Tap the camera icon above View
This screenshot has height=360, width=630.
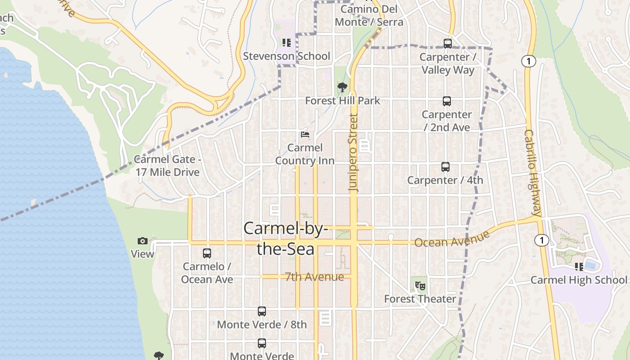pyautogui.click(x=143, y=241)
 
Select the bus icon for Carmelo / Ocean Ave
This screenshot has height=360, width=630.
pyautogui.click(x=207, y=253)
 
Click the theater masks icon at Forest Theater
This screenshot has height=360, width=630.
pyautogui.click(x=420, y=285)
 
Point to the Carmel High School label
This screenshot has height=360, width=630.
pyautogui.click(x=579, y=280)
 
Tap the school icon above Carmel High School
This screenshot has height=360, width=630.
pyautogui.click(x=579, y=267)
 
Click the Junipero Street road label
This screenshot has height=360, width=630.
pyautogui.click(x=354, y=153)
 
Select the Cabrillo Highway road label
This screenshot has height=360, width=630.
pyautogui.click(x=533, y=173)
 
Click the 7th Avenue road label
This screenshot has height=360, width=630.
pyautogui.click(x=315, y=277)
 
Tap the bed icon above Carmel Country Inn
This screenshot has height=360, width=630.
pyautogui.click(x=305, y=135)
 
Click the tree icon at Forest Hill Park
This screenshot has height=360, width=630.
pyautogui.click(x=342, y=87)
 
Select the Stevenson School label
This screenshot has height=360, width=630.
pyautogui.click(x=287, y=56)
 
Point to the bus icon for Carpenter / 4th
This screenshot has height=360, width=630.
pyautogui.click(x=445, y=167)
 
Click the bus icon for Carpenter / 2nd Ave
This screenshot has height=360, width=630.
pyautogui.click(x=447, y=101)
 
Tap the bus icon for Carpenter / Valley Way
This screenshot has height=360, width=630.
pyautogui.click(x=448, y=44)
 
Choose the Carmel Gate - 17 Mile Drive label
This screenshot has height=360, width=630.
pyautogui.click(x=167, y=166)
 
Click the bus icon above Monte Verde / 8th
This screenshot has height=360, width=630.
pyautogui.click(x=262, y=311)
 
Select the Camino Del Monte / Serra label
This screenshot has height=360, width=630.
pyautogui.click(x=369, y=15)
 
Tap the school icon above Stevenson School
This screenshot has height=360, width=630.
pyautogui.click(x=286, y=43)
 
